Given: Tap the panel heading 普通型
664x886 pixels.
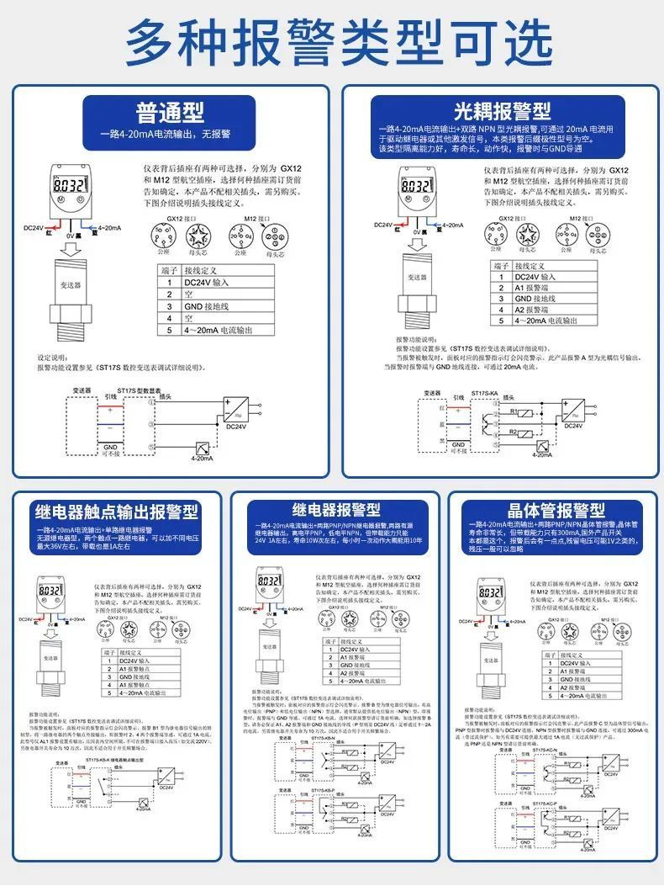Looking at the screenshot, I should [171, 113].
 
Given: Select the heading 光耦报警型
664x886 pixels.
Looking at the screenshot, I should [502, 111].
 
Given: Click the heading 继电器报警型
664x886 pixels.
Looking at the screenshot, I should [336, 510].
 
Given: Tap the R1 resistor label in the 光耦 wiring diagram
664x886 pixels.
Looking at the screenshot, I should [514, 411].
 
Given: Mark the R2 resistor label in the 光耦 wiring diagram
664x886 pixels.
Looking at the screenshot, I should [514, 432].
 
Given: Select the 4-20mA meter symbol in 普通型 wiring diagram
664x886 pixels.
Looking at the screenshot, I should [203, 448].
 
